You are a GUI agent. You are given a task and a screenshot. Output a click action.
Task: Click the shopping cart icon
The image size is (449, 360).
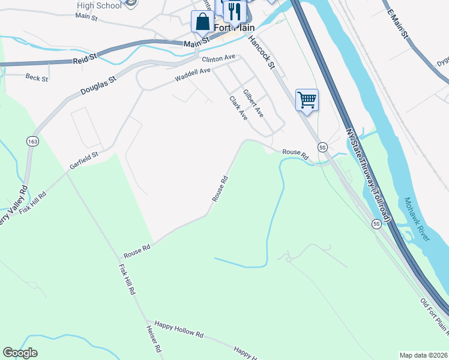[307, 100]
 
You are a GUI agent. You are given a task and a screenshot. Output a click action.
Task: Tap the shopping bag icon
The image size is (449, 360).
[202, 22]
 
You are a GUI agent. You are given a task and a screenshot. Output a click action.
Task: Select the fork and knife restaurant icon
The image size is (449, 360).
[234, 11]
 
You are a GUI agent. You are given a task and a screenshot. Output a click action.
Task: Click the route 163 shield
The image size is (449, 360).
[32, 141]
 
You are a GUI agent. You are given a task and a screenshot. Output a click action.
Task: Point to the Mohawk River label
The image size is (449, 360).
[417, 219]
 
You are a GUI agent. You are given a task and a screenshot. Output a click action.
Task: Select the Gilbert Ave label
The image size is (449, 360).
[253, 103]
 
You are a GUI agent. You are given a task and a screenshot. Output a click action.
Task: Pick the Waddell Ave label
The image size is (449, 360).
[193, 75]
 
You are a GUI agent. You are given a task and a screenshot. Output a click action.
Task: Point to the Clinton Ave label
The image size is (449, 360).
[218, 59]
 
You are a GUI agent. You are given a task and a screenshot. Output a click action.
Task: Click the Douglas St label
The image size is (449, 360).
[97, 85]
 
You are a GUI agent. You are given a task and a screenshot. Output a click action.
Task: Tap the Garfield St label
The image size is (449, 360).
[83, 160]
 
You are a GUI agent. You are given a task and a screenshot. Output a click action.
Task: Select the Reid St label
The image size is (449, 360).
[85, 61]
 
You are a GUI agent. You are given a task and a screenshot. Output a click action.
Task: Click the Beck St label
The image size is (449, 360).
[37, 77]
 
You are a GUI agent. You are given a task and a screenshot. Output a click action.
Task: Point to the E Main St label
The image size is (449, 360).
[398, 25]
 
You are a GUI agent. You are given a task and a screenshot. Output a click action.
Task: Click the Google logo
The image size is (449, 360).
[20, 353]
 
